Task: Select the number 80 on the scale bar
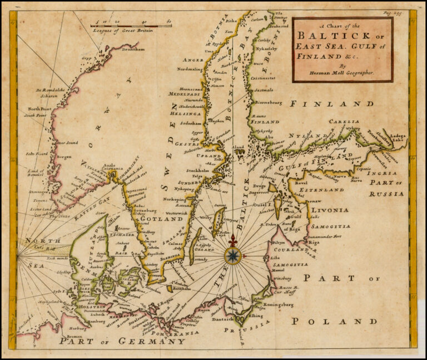point(168,21)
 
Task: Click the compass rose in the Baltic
point(233,256)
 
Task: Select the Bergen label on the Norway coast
point(64,157)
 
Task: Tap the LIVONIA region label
point(330,210)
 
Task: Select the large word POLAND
point(335,321)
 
